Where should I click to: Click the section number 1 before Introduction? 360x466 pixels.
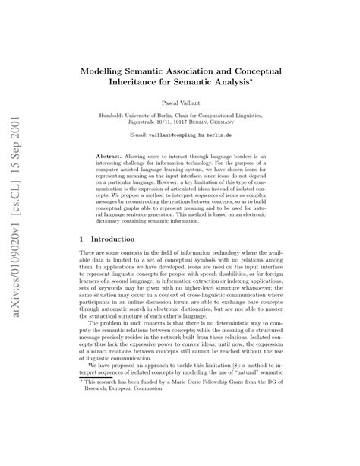point(82,239)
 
